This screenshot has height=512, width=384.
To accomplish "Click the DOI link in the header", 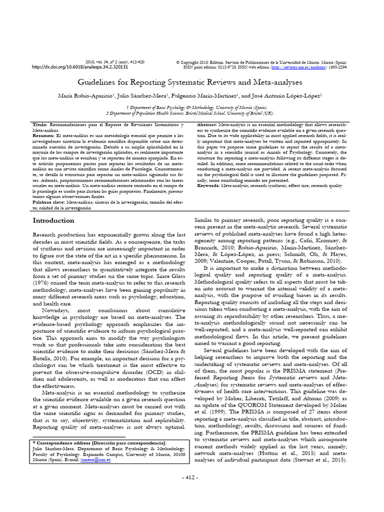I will coord(80,66).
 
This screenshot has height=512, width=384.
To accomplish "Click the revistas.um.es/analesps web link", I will coord(298,66).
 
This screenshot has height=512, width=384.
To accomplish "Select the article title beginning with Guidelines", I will coord(191,81).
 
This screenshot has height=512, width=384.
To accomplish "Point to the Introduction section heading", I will coord(53,220).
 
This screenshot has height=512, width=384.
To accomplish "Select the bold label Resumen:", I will coord(44,135).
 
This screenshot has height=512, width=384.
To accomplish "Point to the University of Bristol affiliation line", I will coord(192,113).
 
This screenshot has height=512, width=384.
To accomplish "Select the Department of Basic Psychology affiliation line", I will coord(192,107).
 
